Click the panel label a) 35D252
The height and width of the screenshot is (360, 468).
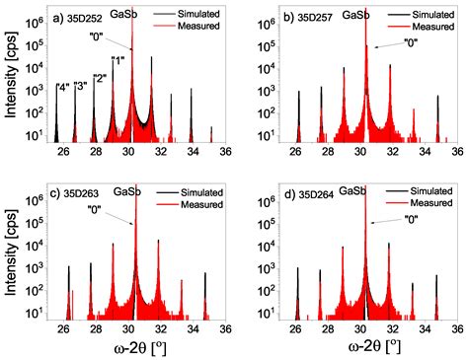(83, 17)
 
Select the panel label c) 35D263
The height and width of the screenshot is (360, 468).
(83, 191)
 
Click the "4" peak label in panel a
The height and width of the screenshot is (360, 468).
(62, 89)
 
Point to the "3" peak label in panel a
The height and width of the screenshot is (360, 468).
(81, 85)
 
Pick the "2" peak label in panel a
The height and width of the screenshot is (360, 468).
(99, 78)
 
